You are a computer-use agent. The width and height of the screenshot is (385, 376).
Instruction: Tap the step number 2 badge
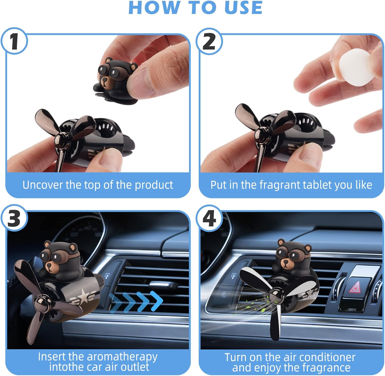tap(209, 41)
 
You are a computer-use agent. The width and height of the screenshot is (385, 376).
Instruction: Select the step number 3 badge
tap(14, 218)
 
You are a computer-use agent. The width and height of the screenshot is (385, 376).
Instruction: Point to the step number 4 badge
tap(209, 218)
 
